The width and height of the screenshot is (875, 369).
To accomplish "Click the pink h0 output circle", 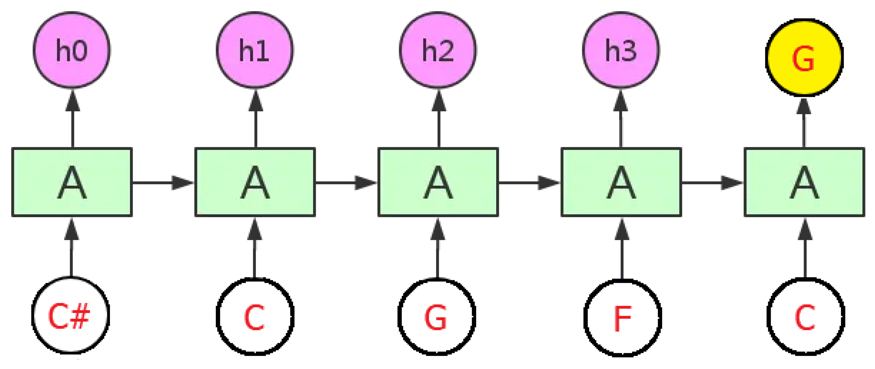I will (x=72, y=50).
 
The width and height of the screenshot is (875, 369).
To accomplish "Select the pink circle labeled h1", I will (x=255, y=50).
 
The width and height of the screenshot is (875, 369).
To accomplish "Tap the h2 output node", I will (x=438, y=50).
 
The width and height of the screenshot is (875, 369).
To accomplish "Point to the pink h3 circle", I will (x=621, y=50).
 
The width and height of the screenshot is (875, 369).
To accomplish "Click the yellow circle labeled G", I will (x=804, y=57).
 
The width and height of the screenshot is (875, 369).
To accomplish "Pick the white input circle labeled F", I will (x=623, y=317).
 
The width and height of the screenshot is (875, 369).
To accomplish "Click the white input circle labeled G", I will (x=437, y=317).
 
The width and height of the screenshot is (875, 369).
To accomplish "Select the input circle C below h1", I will (x=255, y=317).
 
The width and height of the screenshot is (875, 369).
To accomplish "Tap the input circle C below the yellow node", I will (x=806, y=317).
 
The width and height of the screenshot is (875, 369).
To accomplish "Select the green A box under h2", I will (x=438, y=182).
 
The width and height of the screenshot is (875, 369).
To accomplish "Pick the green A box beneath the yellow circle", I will (x=804, y=182).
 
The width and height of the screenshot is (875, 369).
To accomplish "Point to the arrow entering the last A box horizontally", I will (x=713, y=183).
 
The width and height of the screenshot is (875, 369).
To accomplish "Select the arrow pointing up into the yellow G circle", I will (x=804, y=122).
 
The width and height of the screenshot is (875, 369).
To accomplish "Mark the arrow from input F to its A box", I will (x=622, y=248).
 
